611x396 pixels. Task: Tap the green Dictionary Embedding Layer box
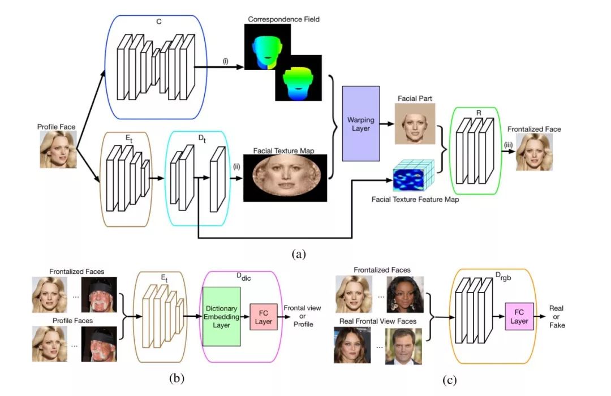[x=221, y=316]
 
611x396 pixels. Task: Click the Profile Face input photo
[x=57, y=149]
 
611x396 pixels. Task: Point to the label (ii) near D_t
[x=236, y=166]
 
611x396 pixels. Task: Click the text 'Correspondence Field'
[x=283, y=20]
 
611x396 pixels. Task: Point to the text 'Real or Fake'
[x=557, y=316]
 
